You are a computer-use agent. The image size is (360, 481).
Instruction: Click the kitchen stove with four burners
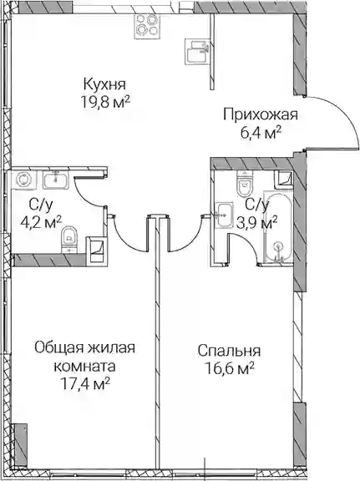point(147,26)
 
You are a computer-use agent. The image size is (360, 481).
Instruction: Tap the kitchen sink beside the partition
point(197,52)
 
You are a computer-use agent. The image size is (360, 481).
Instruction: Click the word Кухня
point(105,84)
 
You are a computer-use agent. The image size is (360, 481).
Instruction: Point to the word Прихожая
point(261,115)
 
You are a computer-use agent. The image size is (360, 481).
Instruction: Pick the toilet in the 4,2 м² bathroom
point(69,240)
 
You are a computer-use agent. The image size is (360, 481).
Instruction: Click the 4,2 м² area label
point(41,221)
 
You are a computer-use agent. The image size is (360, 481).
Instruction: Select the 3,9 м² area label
point(258,222)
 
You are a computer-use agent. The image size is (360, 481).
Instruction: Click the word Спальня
point(229,351)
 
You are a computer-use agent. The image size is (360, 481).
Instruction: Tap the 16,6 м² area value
point(230,369)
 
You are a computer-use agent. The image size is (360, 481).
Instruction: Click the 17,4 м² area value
point(86,384)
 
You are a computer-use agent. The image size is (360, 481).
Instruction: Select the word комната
point(84,367)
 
